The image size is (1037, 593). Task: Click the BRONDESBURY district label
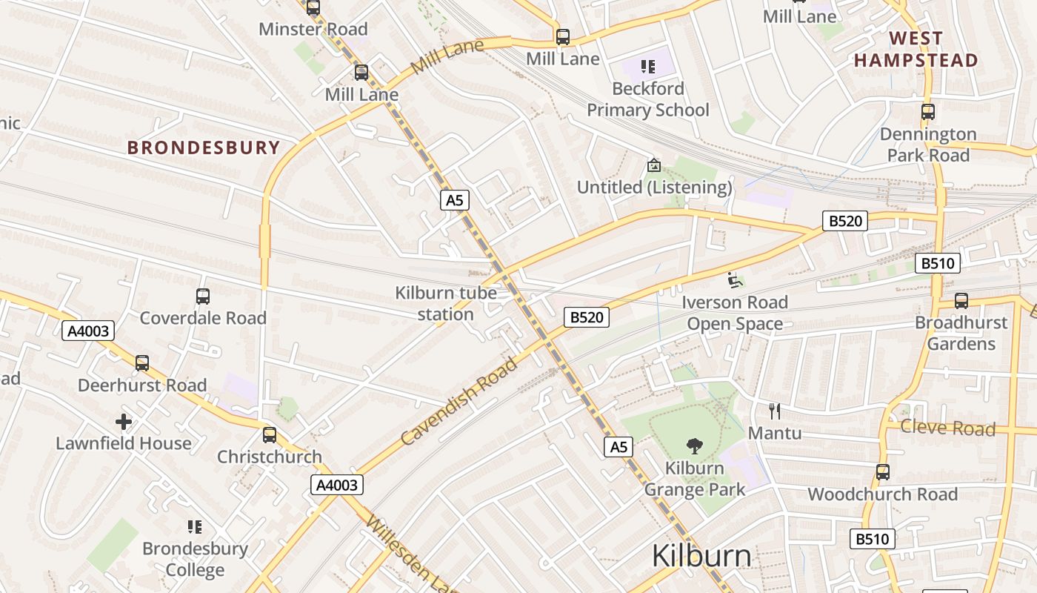click(x=204, y=148)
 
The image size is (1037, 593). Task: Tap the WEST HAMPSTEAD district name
click(x=916, y=49)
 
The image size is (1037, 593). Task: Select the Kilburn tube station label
click(x=445, y=303)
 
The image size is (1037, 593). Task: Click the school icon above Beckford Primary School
click(x=648, y=67)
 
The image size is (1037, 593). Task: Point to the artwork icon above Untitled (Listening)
click(x=653, y=165)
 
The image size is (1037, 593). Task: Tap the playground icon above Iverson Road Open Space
click(x=734, y=280)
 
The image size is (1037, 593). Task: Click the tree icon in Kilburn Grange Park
click(x=694, y=445)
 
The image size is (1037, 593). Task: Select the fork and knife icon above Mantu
click(x=775, y=411)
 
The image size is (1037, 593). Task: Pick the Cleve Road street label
click(x=947, y=428)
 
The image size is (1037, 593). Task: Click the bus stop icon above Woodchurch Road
click(x=882, y=472)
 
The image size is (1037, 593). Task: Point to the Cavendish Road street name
click(x=459, y=401)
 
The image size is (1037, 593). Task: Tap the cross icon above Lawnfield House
click(x=124, y=422)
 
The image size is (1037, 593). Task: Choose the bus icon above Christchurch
click(x=270, y=435)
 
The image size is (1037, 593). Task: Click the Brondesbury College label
click(x=195, y=559)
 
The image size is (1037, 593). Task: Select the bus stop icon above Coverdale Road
click(x=203, y=296)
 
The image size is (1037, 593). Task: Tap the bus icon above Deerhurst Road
click(x=142, y=363)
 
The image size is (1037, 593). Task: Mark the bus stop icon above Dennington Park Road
click(x=928, y=112)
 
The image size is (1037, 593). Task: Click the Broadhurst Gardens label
click(x=961, y=333)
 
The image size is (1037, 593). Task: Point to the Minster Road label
click(x=313, y=30)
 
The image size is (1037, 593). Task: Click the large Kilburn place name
click(x=701, y=556)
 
